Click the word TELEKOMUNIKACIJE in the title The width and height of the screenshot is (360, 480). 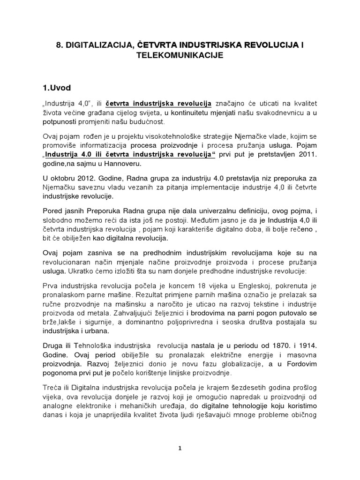(180, 55)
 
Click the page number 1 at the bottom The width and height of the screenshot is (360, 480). (180, 448)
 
